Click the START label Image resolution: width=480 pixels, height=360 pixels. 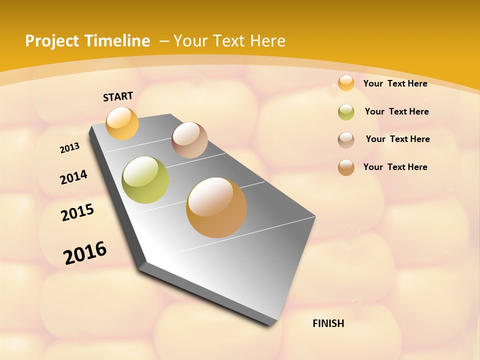click(x=118, y=96)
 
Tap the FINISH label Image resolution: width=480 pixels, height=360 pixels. click(x=328, y=323)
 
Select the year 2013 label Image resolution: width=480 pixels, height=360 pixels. click(x=70, y=148)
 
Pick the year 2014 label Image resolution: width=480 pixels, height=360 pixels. click(x=73, y=177)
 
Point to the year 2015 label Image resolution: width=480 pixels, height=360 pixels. click(x=77, y=212)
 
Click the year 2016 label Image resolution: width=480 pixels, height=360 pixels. click(x=85, y=252)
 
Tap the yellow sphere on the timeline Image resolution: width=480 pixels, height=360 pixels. click(x=122, y=123)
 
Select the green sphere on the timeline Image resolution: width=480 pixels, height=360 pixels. click(x=145, y=180)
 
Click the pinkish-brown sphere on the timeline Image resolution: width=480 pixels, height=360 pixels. click(x=189, y=140)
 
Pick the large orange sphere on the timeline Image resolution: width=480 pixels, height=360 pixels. click(x=216, y=207)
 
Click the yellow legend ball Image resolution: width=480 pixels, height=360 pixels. click(x=346, y=83)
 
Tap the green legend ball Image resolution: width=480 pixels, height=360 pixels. click(x=346, y=112)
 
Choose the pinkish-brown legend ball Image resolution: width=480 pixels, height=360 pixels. click(x=346, y=140)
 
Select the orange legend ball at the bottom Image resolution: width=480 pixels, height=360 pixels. click(x=346, y=167)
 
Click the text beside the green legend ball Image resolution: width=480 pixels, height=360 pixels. click(x=396, y=111)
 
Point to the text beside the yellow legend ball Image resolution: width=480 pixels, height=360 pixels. click(x=395, y=83)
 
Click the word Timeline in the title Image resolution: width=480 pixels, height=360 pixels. click(x=118, y=41)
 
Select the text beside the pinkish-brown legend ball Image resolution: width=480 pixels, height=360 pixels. click(x=397, y=139)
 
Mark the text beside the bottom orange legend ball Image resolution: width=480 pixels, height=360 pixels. click(x=395, y=167)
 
